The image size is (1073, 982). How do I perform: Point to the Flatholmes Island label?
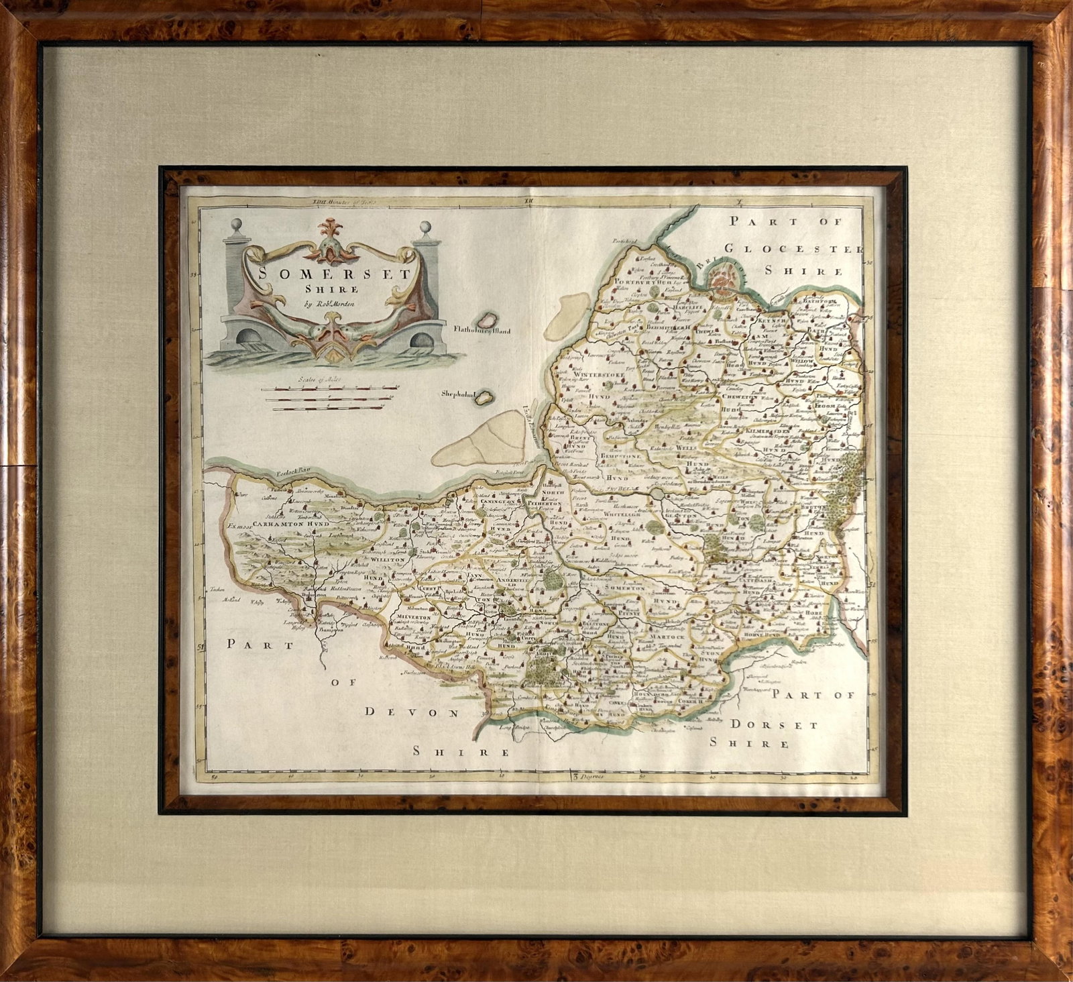coord(482,330)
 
